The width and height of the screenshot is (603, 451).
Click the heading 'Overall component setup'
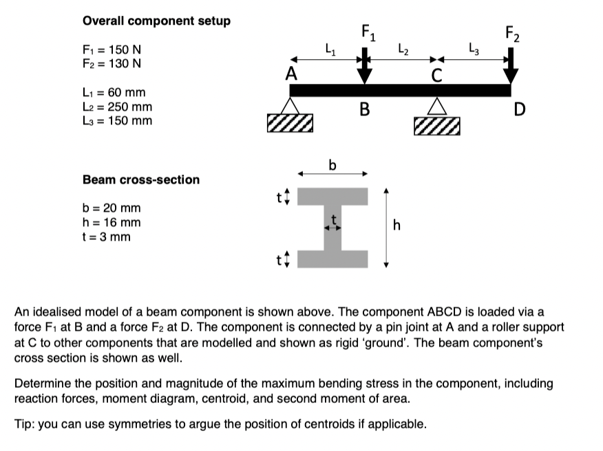pyautogui.click(x=156, y=21)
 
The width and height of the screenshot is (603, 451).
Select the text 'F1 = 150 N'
pyautogui.click(x=112, y=51)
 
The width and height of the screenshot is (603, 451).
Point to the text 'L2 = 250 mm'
pyautogui.click(x=117, y=107)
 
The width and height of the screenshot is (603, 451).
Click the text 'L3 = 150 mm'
pyautogui.click(x=117, y=121)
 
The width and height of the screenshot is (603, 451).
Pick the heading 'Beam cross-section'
pyautogui.click(x=141, y=179)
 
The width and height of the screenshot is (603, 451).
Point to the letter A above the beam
pyautogui.click(x=293, y=73)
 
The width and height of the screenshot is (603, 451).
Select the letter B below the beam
pyautogui.click(x=365, y=109)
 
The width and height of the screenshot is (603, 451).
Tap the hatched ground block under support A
pyautogui.click(x=292, y=124)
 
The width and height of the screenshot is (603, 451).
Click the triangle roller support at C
pyautogui.click(x=436, y=106)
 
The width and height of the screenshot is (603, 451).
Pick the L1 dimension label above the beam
pyautogui.click(x=330, y=49)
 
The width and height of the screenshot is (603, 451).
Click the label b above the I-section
pyautogui.click(x=333, y=165)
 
